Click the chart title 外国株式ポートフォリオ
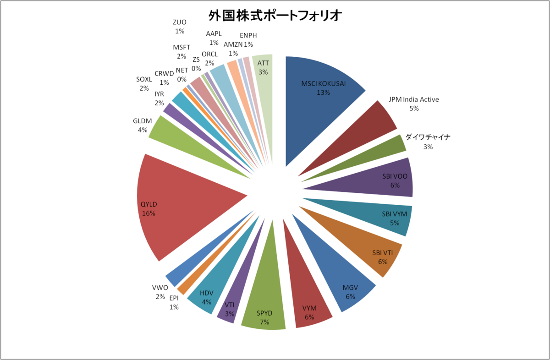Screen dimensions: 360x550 [x=275, y=16]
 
